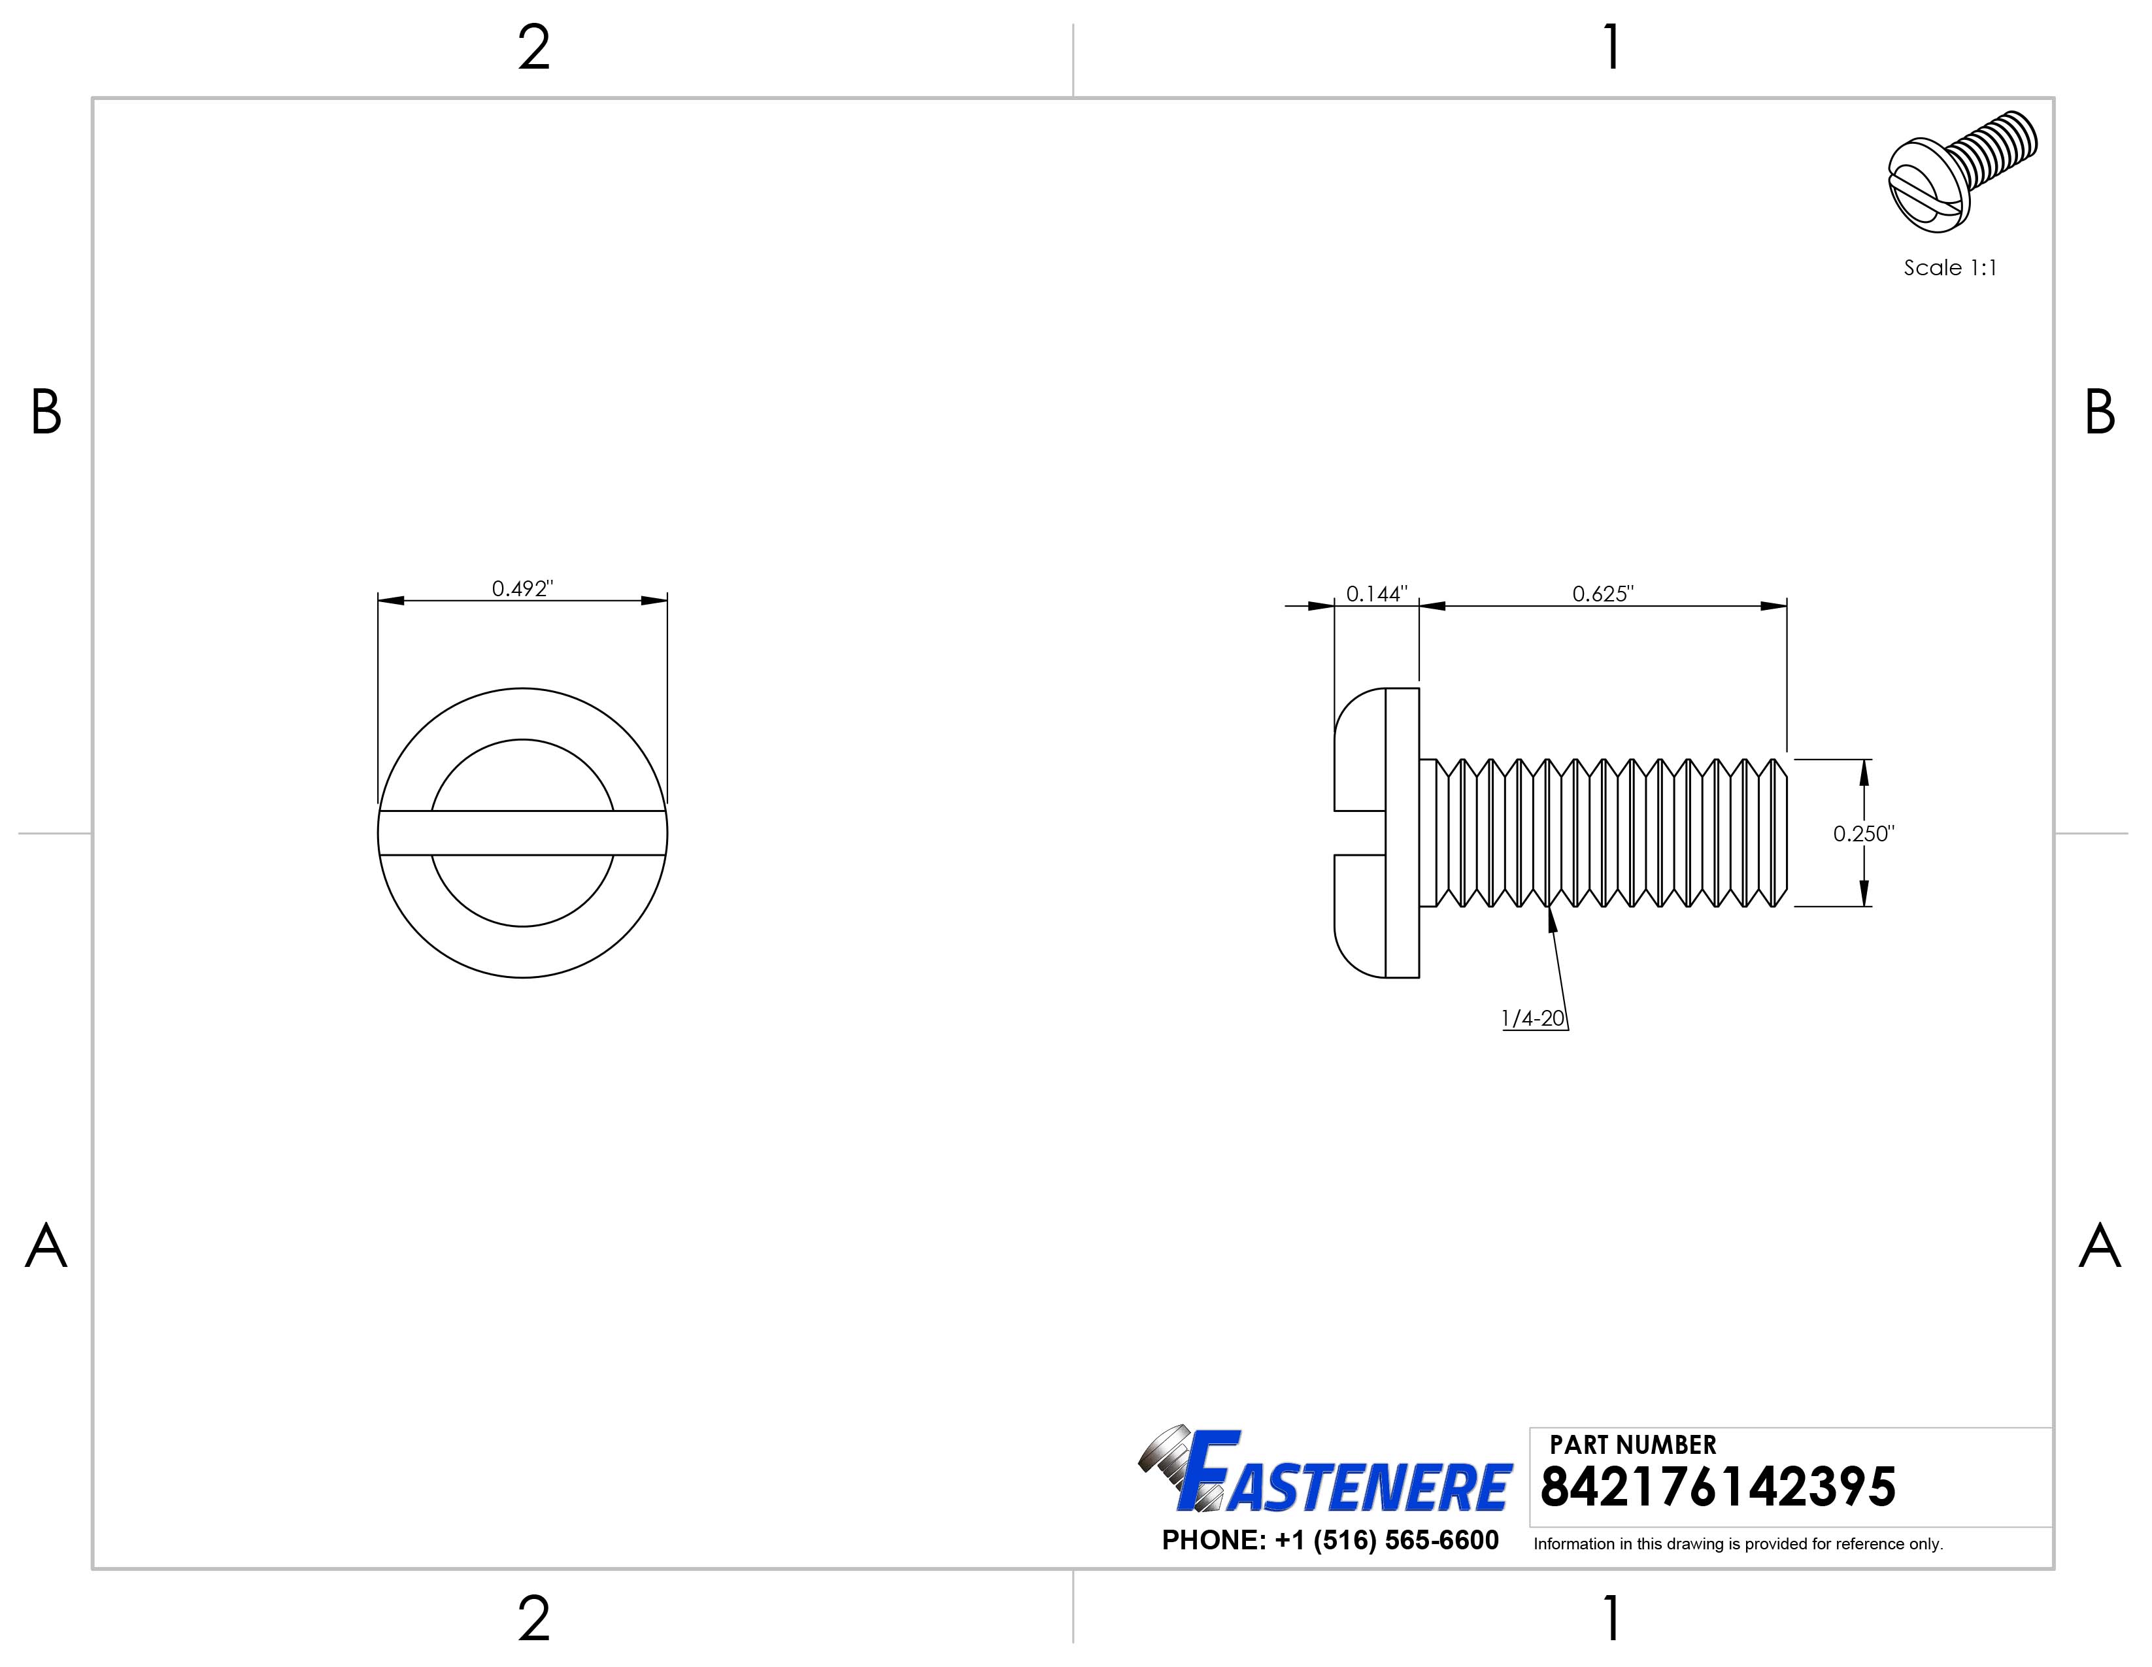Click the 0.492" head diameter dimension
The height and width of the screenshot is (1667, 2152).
[522, 588]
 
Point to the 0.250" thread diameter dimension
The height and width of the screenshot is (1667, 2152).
[1863, 833]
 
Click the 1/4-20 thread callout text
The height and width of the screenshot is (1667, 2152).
[1533, 1019]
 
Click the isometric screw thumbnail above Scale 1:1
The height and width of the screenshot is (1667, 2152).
[1962, 171]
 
